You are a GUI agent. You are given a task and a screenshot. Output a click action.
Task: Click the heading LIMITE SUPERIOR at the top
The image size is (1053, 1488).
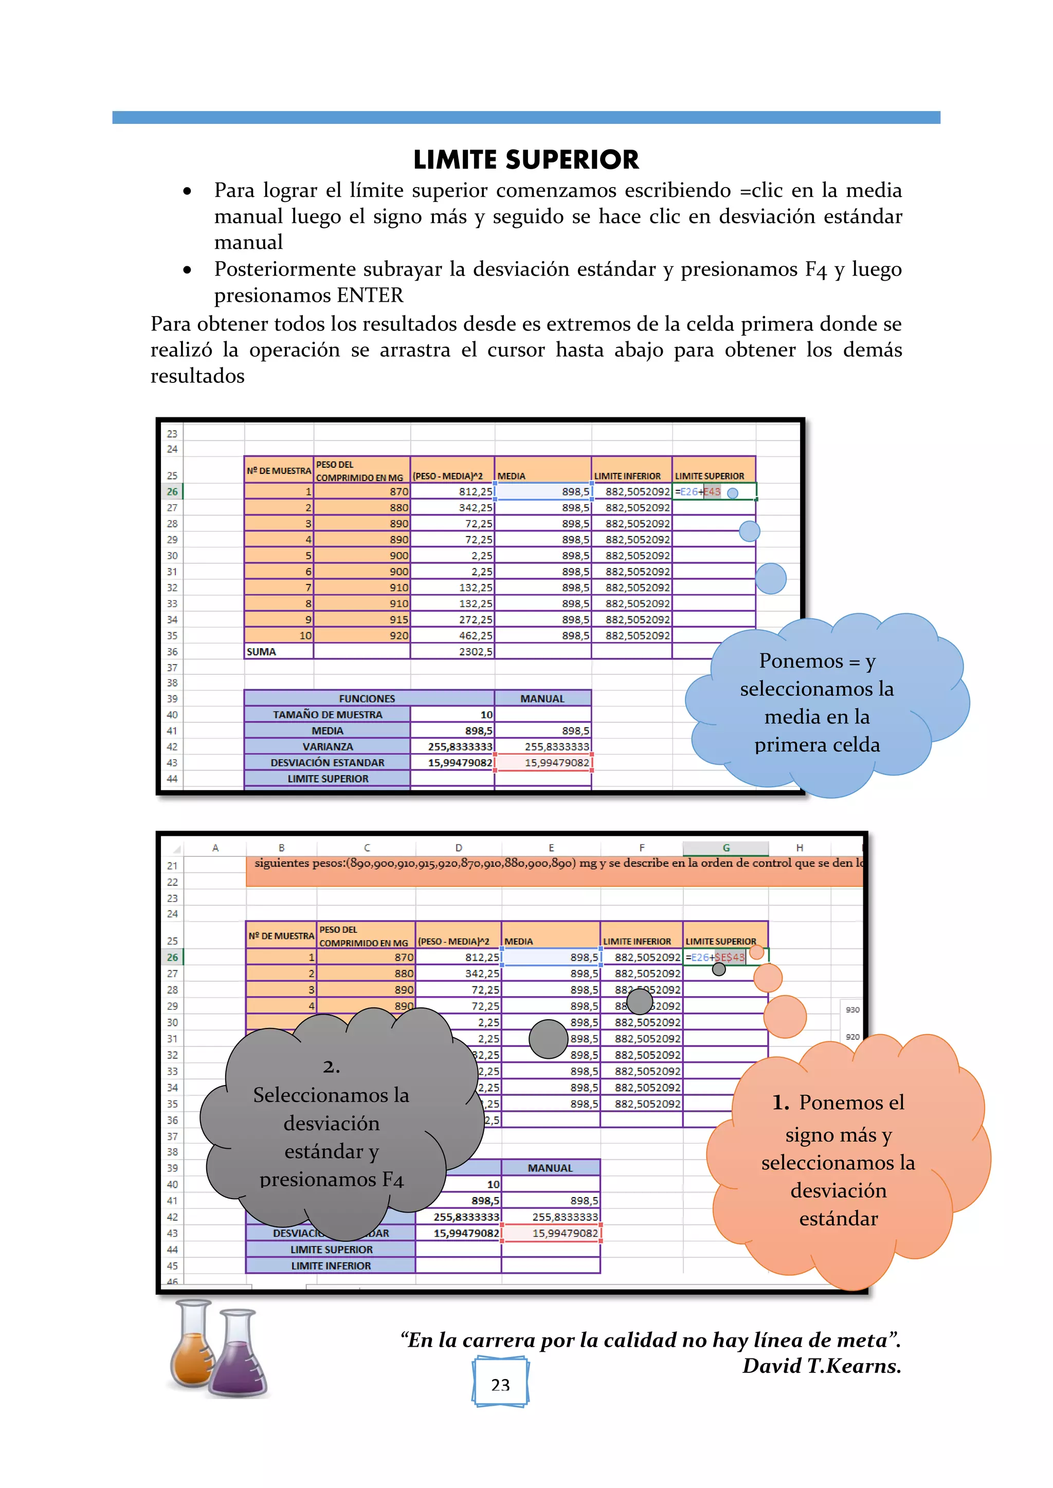(x=526, y=159)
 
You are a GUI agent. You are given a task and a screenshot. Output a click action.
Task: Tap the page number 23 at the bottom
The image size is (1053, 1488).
(x=500, y=1385)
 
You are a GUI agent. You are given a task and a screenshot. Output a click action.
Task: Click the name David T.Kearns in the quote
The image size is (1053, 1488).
(x=821, y=1366)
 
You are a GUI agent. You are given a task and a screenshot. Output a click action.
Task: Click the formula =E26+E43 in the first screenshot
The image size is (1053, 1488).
(x=698, y=492)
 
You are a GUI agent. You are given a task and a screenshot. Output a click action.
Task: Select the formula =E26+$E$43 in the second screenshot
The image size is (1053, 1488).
(x=715, y=957)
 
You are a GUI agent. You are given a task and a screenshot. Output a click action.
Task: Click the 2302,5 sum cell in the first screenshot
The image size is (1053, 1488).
(x=475, y=652)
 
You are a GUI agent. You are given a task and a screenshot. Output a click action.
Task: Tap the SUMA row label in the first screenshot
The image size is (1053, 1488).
(x=261, y=652)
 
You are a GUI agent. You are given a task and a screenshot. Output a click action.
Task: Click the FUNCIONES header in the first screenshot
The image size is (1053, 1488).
(x=367, y=699)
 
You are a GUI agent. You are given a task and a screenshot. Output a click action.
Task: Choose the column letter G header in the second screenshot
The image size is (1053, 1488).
(x=725, y=848)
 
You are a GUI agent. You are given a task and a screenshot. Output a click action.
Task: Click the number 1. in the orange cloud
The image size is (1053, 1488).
(x=780, y=1103)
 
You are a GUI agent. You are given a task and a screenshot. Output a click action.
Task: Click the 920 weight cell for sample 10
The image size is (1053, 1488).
(x=399, y=636)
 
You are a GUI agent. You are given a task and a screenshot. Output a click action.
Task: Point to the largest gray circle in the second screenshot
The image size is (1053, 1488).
(x=549, y=1039)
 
